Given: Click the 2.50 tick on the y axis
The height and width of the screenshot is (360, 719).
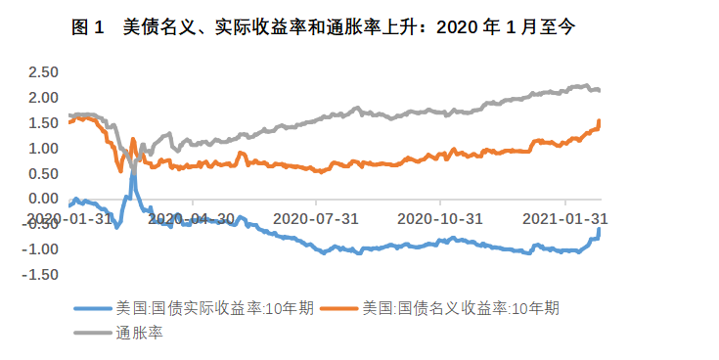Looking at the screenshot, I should [x=43, y=72].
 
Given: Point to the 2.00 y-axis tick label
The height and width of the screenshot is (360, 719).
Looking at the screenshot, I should [x=43, y=98].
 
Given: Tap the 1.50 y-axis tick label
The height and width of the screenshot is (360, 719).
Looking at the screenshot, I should [x=43, y=123].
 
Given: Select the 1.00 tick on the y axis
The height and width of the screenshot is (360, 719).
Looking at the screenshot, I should [x=43, y=149].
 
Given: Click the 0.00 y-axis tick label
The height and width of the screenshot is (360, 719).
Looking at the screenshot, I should [x=43, y=200].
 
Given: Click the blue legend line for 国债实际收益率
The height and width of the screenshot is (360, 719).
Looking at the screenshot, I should [x=95, y=308].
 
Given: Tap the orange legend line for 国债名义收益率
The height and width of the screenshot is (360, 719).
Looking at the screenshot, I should [x=341, y=308].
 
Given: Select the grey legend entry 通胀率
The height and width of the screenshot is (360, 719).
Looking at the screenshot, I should [x=95, y=334].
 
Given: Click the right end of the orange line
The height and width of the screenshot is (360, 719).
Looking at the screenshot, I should [x=600, y=120].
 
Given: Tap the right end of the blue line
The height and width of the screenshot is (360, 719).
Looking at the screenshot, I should [x=600, y=229].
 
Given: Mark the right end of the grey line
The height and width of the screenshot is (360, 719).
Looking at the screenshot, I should [x=600, y=90].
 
